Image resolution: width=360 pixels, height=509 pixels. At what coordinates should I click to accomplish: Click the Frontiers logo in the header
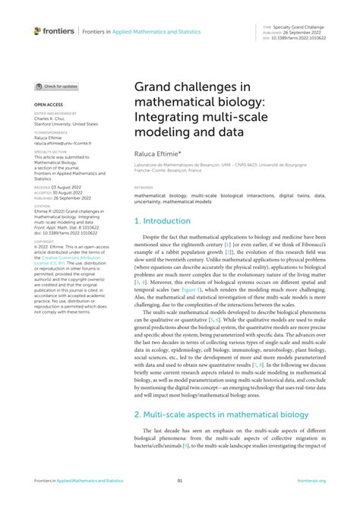pos(54,31)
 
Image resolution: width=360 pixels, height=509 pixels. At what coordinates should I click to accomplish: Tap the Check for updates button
pos(56,87)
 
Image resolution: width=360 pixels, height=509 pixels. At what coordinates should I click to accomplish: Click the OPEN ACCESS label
pos(47,103)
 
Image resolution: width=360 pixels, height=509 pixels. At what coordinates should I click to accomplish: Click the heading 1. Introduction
pos(163,221)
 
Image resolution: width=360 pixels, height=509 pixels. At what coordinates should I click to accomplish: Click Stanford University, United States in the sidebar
pos(65,123)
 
